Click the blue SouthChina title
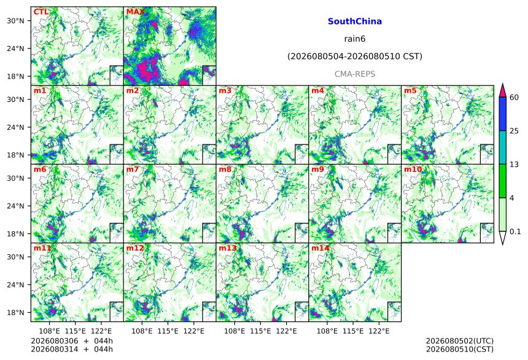355,22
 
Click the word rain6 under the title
355,39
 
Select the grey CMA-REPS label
355,74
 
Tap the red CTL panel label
41,12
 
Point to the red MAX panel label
135,12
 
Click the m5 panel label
410,90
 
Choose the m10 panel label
413,169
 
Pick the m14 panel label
320,248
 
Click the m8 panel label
225,169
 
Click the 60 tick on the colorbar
514,98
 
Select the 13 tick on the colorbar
514,165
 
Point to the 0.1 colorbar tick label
515,232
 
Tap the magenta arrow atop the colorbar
503,90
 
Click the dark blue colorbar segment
503,114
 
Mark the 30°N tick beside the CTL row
15,21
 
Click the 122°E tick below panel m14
379,331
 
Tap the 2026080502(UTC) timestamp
460,341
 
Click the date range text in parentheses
355,57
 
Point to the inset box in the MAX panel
209,75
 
